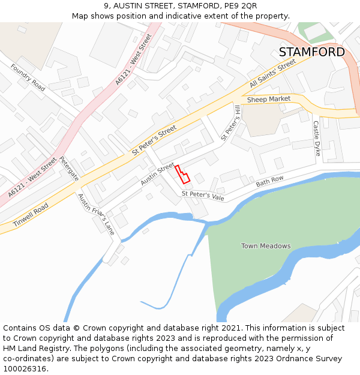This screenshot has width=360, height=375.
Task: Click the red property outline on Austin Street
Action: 182,174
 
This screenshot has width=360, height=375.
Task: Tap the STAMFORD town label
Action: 311,52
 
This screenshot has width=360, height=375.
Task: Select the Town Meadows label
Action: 266,246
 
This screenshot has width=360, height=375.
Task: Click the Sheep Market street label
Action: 268,99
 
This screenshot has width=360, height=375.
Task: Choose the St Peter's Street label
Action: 154,142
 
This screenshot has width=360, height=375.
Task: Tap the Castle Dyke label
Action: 316,139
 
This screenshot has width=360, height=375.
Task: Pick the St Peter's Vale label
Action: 203,195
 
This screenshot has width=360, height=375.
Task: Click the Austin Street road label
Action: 157,173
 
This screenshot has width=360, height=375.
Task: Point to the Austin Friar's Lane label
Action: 95,214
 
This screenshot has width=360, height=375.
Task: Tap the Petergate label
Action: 69,169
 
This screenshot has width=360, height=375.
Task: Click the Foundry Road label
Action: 28,77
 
